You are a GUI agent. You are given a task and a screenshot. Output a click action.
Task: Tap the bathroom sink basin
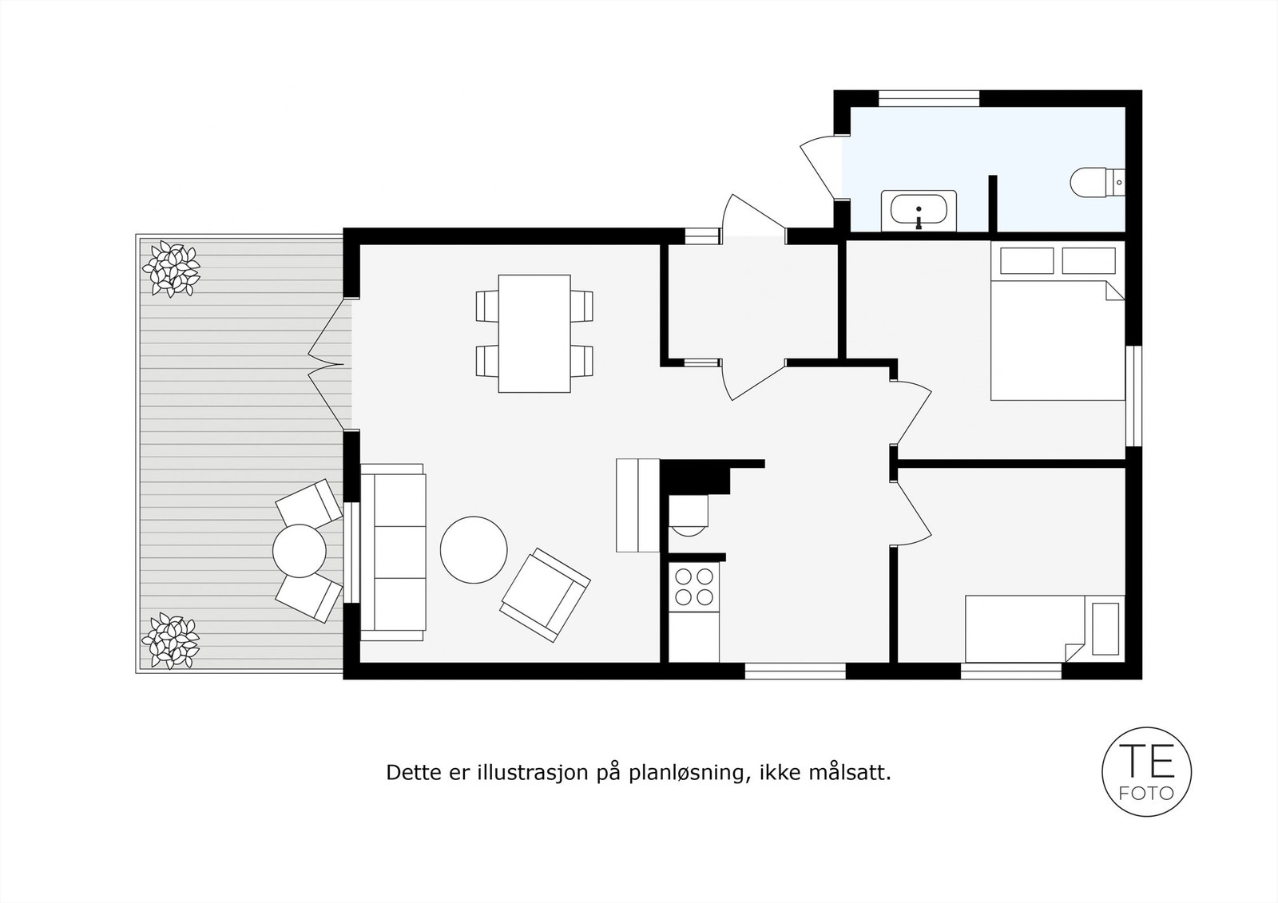click(919, 211)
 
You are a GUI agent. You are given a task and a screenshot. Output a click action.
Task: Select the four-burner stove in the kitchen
click(694, 586)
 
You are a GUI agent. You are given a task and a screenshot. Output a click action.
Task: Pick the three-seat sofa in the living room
click(393, 552)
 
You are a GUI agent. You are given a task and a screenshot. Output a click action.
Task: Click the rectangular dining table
click(534, 333)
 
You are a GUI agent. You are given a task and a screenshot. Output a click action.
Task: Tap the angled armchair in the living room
click(545, 594)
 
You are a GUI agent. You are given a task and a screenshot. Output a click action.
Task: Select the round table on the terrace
click(300, 550)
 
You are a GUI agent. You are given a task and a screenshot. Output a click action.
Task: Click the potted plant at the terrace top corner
click(170, 268)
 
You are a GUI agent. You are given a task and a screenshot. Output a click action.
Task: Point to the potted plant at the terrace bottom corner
click(170, 640)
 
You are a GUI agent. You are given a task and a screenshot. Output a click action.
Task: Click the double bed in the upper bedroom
click(1056, 335)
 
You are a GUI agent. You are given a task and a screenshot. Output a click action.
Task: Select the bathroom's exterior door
click(821, 169)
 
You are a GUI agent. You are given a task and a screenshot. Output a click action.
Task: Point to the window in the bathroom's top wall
click(929, 98)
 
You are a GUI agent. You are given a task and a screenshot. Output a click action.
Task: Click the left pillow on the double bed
click(1027, 260)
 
